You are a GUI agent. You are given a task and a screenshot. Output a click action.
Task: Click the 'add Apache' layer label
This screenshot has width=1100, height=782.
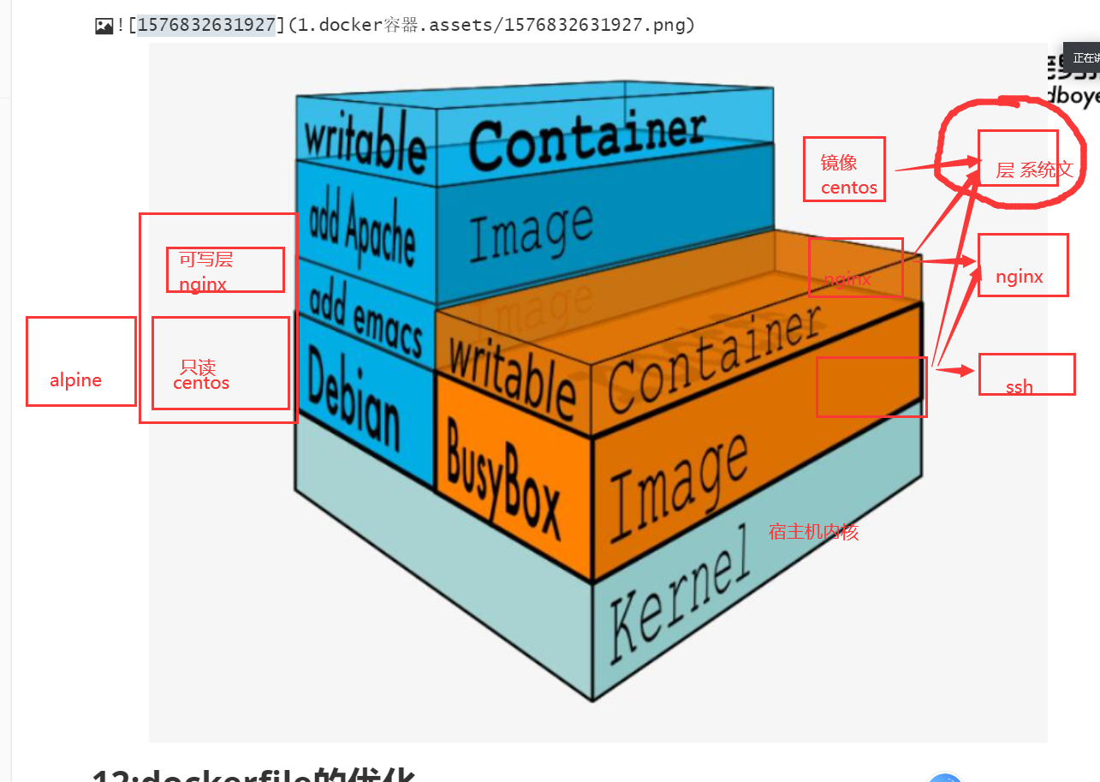point(362,224)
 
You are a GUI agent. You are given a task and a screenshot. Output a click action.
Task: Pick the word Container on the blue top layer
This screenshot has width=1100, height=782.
point(587,139)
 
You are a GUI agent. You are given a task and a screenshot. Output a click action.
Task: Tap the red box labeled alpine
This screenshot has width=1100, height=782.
point(80,361)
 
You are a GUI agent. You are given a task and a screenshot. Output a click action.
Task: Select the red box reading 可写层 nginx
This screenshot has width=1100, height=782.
point(225,270)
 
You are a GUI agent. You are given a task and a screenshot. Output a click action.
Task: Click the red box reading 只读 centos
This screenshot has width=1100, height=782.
point(220,362)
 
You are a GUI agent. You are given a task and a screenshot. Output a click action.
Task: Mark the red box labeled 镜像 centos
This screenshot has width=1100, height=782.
point(843,170)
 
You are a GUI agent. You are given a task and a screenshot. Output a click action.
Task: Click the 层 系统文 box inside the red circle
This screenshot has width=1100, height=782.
point(1018,158)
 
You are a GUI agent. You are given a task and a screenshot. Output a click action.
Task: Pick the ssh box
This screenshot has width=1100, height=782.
point(1026,374)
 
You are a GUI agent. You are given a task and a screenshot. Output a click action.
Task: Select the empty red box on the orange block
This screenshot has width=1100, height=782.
point(871,387)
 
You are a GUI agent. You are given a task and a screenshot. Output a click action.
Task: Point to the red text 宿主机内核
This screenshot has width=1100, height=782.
point(813,532)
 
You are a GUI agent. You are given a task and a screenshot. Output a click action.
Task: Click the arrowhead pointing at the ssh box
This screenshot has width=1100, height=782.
point(968,371)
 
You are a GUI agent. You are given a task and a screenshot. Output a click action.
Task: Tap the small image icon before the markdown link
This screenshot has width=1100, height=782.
point(104,26)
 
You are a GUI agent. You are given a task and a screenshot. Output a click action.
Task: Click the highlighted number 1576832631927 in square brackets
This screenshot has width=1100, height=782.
point(205,25)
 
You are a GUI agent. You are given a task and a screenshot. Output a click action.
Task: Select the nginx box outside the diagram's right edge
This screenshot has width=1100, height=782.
point(1023,265)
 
